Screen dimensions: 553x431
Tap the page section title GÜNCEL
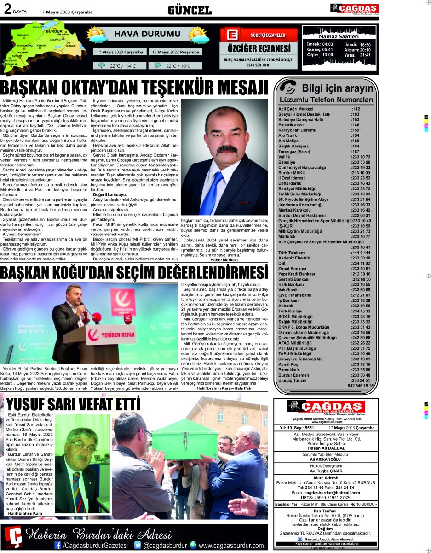click(189, 10)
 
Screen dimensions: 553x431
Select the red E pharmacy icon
click(232, 35)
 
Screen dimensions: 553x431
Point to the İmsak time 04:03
click(327, 44)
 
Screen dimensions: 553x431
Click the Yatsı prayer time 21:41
click(365, 55)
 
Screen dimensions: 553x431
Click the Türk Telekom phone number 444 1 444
click(361, 253)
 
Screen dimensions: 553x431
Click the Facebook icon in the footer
click(57, 545)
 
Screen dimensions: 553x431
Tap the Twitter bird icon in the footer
click(137, 545)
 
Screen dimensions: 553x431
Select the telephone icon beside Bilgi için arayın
click(288, 88)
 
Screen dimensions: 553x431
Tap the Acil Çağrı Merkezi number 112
click(356, 109)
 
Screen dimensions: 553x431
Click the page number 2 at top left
click(8, 10)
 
